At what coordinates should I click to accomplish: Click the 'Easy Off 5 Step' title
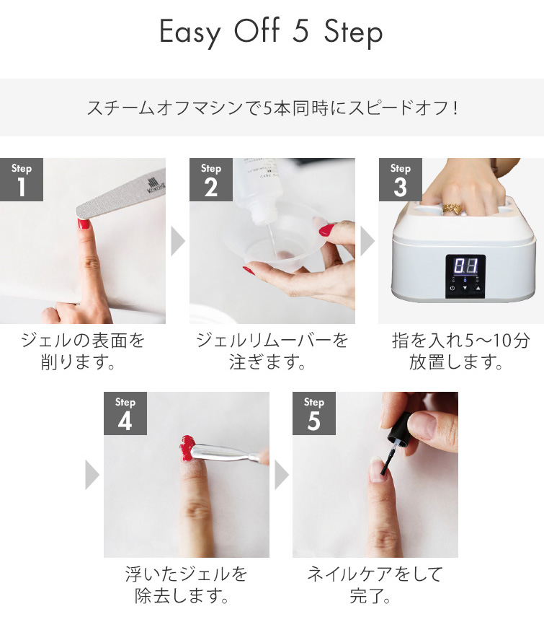tap(271, 33)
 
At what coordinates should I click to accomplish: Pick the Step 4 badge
tap(125, 413)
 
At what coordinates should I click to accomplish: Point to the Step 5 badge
tap(314, 413)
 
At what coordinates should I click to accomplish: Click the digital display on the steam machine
tap(465, 266)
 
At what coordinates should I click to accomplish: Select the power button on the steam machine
tap(452, 288)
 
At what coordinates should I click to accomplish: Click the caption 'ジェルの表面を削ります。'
tap(83, 351)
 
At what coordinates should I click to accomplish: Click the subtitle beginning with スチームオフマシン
tap(272, 108)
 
